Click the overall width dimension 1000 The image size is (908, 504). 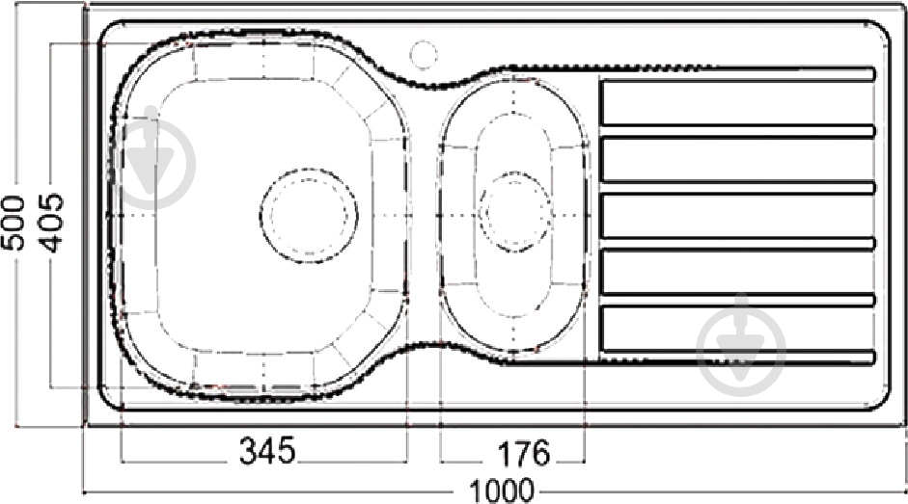click(501, 490)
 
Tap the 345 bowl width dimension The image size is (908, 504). click(267, 451)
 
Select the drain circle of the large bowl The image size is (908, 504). click(309, 215)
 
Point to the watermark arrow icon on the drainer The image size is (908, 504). click(741, 343)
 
